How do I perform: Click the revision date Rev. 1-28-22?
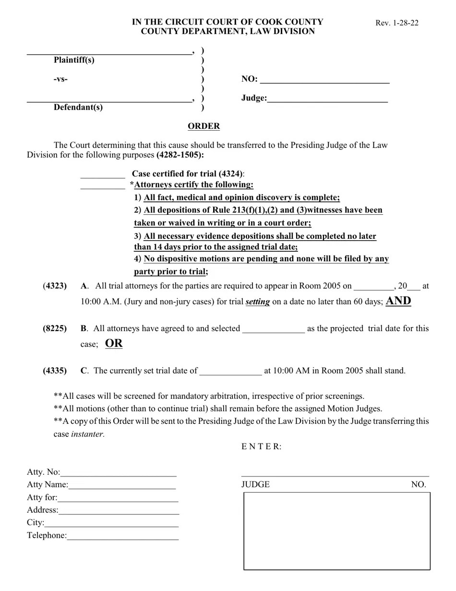tap(396, 23)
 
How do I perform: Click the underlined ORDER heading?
tap(204, 126)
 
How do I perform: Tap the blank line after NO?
tap(324, 80)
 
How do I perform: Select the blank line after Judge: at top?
tap(327, 99)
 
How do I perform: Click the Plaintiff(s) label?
tap(74, 60)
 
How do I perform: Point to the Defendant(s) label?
tap(78, 107)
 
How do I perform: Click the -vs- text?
tap(60, 79)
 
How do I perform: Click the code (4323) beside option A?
tap(55, 286)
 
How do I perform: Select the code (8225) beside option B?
tap(55, 329)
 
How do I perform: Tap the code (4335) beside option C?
tap(55, 371)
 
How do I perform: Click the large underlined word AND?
tap(398, 301)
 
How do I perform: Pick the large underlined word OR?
tap(114, 344)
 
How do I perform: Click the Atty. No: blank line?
tap(118, 473)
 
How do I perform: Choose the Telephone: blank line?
tap(122, 536)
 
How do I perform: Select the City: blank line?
tap(111, 523)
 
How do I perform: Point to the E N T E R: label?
tap(261, 447)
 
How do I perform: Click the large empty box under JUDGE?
tap(336, 531)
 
